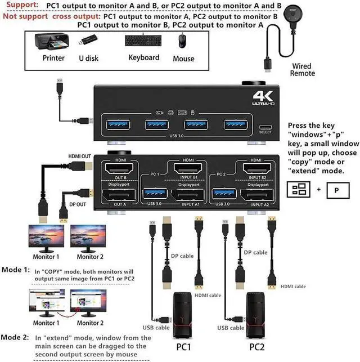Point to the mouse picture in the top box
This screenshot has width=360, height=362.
[182, 41]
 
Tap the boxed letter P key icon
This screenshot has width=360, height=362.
[337, 190]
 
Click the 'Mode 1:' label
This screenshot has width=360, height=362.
[15, 270]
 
